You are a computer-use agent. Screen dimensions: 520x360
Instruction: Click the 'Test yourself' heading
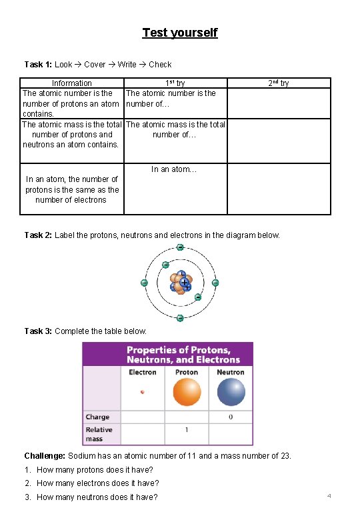click(179, 33)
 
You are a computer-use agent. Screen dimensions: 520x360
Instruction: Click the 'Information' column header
click(72, 83)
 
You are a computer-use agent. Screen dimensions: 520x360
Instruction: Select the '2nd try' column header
click(279, 83)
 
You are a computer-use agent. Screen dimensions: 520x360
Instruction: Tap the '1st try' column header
click(175, 83)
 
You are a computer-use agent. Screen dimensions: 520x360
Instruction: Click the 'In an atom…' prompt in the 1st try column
click(174, 169)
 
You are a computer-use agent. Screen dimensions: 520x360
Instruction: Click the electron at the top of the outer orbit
click(180, 247)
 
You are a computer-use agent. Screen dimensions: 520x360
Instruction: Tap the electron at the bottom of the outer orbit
click(180, 318)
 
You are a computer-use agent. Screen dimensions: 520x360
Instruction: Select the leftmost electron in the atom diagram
click(144, 283)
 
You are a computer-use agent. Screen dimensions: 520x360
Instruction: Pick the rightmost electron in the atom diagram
click(215, 283)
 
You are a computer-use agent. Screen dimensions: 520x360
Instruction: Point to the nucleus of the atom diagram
click(180, 283)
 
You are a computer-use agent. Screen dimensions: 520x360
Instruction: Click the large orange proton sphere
click(187, 392)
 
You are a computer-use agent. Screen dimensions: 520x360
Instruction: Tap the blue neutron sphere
click(231, 392)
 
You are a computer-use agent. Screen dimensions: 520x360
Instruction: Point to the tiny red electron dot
click(142, 392)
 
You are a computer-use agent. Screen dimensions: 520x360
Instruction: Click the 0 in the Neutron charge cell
click(231, 417)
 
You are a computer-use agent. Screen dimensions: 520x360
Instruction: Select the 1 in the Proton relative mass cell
click(187, 430)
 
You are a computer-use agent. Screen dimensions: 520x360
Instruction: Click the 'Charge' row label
click(98, 417)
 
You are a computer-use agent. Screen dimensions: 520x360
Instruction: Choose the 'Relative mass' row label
click(99, 434)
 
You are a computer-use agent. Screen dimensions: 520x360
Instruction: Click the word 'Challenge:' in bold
click(45, 456)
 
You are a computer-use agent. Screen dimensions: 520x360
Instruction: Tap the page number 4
click(329, 497)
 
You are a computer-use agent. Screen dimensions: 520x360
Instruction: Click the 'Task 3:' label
click(38, 331)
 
